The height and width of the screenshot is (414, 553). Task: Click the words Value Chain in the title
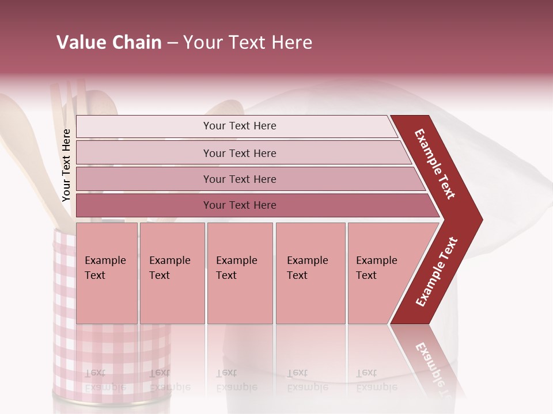109,43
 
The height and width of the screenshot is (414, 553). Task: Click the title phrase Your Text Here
248,43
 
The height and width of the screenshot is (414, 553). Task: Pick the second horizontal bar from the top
240,153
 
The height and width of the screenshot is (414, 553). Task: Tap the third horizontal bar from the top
240,179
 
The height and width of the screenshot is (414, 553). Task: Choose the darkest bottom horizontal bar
240,205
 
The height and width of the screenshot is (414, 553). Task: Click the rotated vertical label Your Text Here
66,165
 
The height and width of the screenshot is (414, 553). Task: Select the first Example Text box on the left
107,273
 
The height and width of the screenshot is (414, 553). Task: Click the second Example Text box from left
172,273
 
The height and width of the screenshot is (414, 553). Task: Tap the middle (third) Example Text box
240,273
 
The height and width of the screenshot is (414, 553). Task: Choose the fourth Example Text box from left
310,273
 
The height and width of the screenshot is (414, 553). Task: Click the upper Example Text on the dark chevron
435,164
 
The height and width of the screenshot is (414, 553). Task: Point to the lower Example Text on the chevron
437,271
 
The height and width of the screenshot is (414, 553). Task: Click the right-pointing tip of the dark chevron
479,219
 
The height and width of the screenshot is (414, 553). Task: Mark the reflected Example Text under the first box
105,379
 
